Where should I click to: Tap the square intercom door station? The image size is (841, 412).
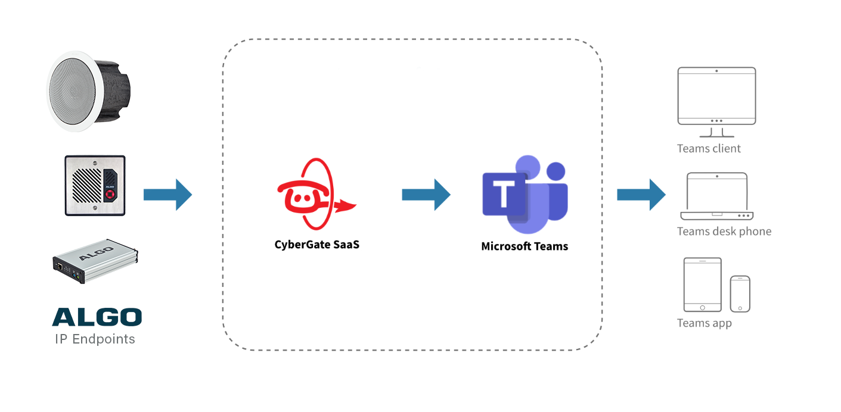(x=95, y=186)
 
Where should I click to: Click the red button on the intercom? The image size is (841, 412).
(x=109, y=194)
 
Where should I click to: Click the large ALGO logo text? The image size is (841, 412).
(x=97, y=317)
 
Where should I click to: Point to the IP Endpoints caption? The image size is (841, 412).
(x=95, y=339)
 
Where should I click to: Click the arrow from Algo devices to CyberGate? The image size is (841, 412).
(x=167, y=195)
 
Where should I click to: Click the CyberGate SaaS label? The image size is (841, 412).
(x=316, y=244)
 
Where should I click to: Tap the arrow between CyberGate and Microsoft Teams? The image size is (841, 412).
(x=426, y=195)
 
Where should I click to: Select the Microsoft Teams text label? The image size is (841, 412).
(x=525, y=246)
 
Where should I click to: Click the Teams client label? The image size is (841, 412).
(x=709, y=149)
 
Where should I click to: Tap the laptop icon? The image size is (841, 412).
(x=716, y=196)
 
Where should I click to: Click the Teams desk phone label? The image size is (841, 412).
(x=724, y=232)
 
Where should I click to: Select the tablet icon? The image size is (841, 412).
(x=702, y=285)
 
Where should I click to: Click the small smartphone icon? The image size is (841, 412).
(x=740, y=294)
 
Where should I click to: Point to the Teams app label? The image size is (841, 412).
(x=704, y=323)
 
